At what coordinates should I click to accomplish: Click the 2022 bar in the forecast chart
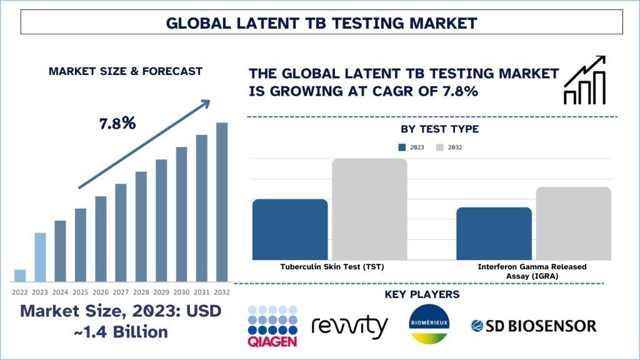20,276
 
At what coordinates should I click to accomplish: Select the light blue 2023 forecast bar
40,257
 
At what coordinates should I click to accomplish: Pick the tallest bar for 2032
222,202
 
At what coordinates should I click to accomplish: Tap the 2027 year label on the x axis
121,292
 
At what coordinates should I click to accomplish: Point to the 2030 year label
181,292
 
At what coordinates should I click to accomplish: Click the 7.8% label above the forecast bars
117,123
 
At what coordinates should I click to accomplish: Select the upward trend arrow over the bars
144,144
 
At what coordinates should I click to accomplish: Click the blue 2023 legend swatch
402,147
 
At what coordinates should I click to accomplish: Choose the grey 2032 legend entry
449,147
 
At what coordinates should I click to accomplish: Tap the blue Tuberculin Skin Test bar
290,229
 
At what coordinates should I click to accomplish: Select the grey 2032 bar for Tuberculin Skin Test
369,209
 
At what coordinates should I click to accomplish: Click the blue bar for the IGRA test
494,234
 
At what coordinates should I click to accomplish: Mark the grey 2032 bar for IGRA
574,223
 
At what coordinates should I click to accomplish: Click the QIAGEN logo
272,326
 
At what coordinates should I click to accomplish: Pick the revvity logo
349,326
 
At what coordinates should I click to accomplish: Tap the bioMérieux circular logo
429,324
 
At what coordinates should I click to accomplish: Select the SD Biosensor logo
534,326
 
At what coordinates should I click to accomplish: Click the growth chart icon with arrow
584,80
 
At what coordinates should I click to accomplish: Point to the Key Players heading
422,294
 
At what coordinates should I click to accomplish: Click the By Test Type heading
439,129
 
